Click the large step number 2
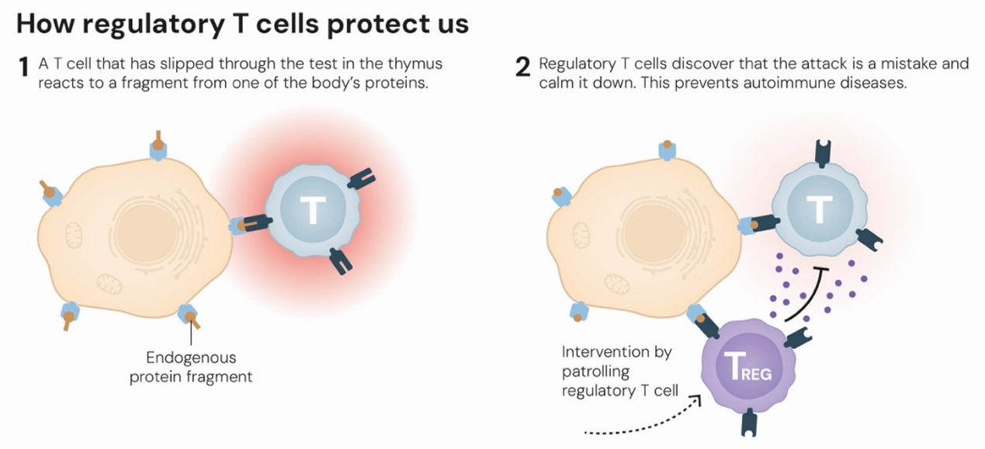click(x=523, y=68)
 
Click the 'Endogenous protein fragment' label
click(x=191, y=368)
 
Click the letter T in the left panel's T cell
click(x=312, y=210)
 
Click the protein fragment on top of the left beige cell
click(x=158, y=145)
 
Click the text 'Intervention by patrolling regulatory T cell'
click(x=616, y=371)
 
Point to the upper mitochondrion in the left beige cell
click(x=75, y=232)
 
